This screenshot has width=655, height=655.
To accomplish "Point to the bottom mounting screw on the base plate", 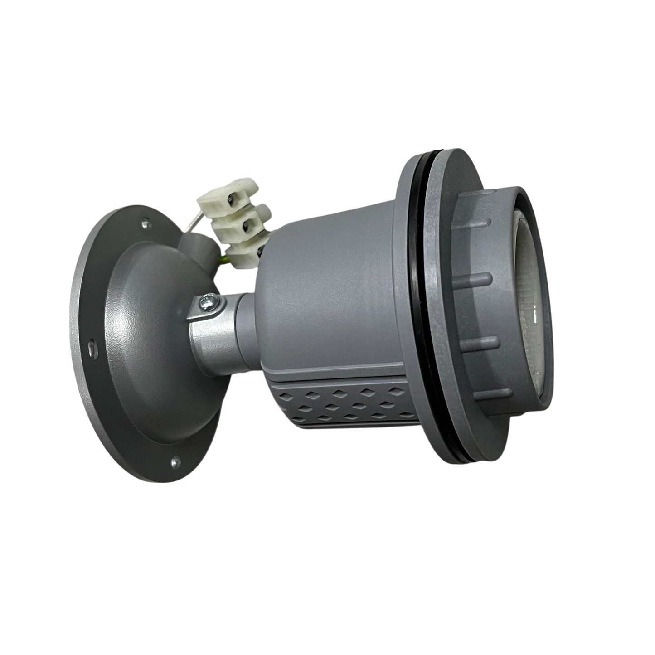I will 174,463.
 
